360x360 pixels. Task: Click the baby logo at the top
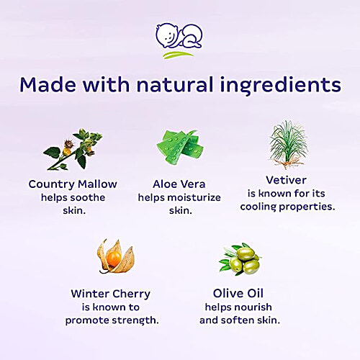click(179, 40)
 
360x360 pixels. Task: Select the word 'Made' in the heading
click(48, 85)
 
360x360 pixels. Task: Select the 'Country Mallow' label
click(72, 184)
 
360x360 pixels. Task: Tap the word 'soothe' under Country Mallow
click(91, 197)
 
